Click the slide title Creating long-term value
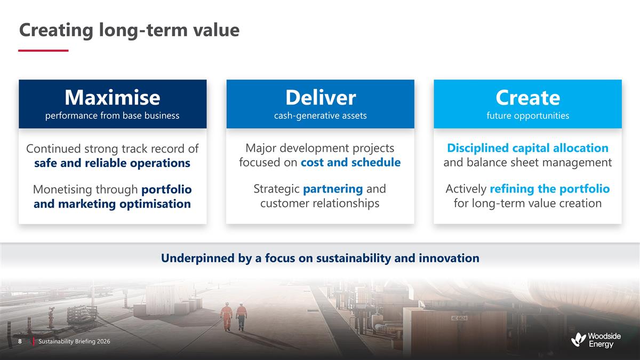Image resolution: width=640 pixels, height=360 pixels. [x=129, y=30]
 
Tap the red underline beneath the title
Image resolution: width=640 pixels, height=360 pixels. [x=43, y=51]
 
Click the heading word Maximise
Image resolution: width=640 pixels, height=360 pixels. [x=112, y=98]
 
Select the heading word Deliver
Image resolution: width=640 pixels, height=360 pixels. [x=320, y=98]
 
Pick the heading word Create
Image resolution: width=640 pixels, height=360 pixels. [x=527, y=98]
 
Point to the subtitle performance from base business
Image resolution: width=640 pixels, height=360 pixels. [x=112, y=115]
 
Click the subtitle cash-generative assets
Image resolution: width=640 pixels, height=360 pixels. [x=320, y=115]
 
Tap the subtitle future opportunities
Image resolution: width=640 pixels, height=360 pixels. [x=527, y=115]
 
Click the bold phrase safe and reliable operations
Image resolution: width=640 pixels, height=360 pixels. [x=112, y=163]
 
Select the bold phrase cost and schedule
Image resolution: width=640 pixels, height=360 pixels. [x=350, y=162]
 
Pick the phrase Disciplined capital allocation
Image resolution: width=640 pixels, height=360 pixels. [x=527, y=148]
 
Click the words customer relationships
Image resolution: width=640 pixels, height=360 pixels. [x=320, y=203]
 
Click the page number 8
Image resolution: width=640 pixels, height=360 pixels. [x=20, y=341]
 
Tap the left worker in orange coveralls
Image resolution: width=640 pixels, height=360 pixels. [x=227, y=316]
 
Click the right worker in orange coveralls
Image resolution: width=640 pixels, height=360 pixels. [x=242, y=316]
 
